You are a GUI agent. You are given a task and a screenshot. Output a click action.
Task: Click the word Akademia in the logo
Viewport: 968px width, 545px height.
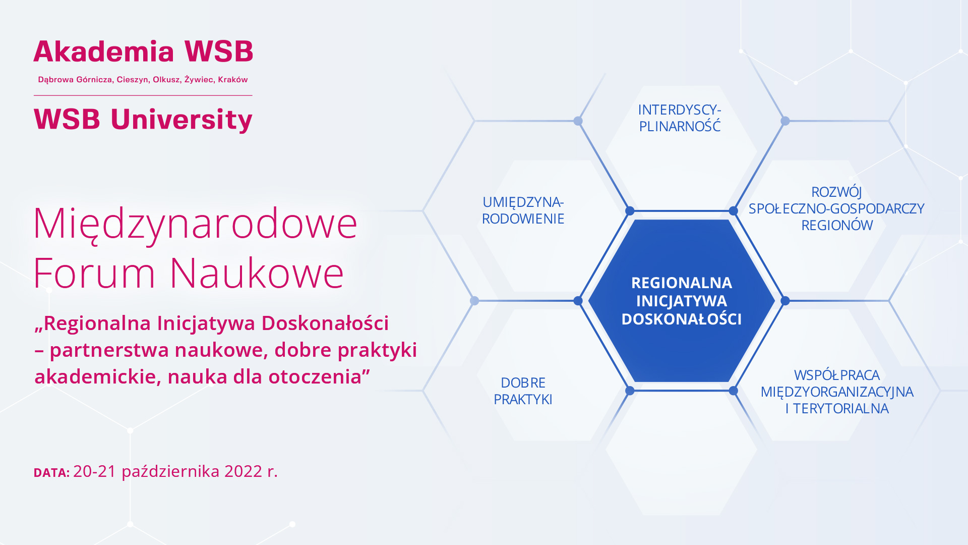(104, 52)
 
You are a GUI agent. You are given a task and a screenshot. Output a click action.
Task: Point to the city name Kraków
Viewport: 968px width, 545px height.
(233, 80)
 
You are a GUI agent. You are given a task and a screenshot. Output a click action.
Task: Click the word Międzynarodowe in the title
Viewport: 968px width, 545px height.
(195, 224)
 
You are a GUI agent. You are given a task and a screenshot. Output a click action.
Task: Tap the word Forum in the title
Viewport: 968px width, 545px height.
(94, 274)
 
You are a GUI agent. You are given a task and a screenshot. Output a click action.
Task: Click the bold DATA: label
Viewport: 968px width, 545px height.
(51, 473)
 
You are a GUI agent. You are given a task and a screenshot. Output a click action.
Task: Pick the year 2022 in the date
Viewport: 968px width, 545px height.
(244, 471)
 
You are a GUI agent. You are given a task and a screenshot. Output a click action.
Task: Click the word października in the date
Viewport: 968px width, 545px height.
(170, 471)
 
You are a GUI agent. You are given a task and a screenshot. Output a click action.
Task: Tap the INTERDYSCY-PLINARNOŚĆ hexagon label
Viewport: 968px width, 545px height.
(680, 118)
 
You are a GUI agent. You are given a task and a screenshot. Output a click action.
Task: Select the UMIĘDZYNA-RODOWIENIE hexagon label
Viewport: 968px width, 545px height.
(523, 210)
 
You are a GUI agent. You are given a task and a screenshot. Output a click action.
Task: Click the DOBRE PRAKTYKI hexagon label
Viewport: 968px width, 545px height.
(523, 391)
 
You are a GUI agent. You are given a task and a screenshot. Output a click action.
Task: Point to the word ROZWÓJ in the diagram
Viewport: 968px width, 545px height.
(836, 192)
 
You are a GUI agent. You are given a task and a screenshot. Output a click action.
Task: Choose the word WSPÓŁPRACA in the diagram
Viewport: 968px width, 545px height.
(836, 375)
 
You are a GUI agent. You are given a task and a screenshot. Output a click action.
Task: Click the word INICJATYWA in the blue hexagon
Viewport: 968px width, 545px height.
(681, 301)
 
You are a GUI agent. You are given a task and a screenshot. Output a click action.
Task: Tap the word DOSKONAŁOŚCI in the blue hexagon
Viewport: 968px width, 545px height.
(681, 319)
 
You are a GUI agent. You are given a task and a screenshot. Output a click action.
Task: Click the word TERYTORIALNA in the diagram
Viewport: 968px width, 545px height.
(841, 409)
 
